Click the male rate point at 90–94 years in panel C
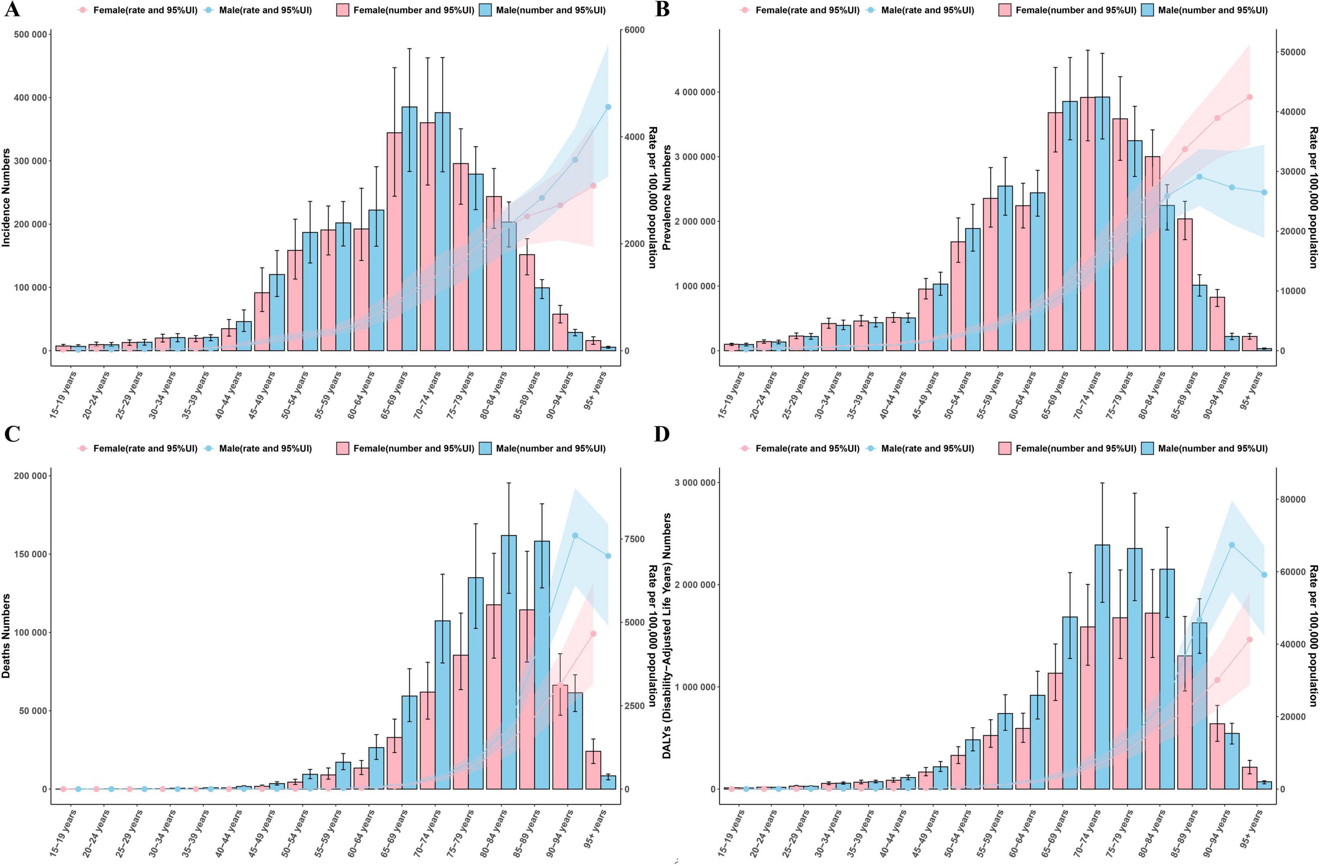coord(575,536)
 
